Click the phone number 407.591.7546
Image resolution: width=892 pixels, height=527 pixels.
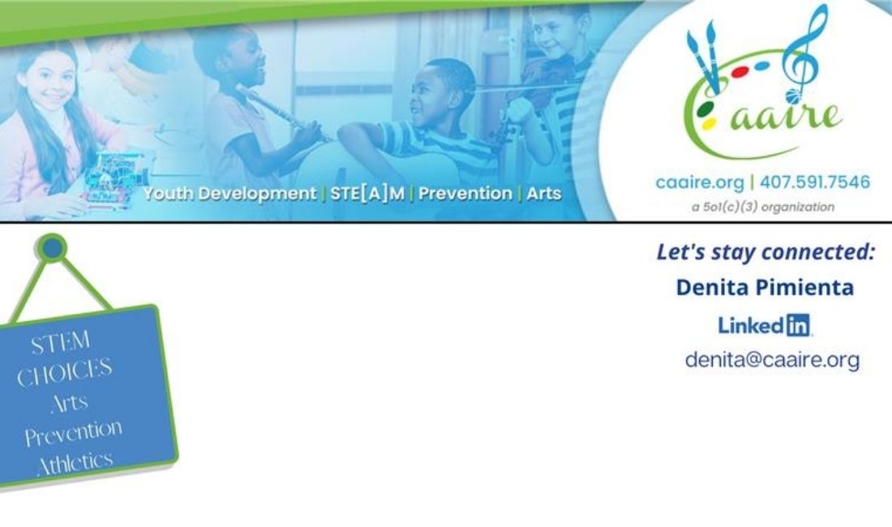(815, 182)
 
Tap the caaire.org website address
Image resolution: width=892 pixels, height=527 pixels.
(700, 183)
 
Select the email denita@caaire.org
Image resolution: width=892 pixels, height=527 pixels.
(772, 360)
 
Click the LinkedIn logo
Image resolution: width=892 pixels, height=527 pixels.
(765, 325)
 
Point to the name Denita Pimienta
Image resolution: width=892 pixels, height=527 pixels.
(765, 287)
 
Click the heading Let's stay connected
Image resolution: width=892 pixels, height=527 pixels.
(765, 252)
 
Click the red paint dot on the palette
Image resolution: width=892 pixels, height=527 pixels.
(740, 72)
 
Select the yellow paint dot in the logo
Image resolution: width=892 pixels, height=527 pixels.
(709, 123)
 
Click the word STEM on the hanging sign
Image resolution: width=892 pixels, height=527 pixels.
(60, 342)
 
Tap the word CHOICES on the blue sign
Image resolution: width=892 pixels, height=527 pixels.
(64, 372)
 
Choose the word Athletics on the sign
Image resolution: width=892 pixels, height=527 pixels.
(75, 463)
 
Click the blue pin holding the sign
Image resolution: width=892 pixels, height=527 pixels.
(52, 248)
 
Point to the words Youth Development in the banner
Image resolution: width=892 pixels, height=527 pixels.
(229, 194)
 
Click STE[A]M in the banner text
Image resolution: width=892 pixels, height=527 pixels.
(367, 193)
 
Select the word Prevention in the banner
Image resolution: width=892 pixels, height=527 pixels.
(465, 193)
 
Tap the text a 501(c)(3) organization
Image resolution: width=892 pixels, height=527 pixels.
(763, 207)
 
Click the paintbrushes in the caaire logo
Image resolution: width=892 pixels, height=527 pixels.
(704, 57)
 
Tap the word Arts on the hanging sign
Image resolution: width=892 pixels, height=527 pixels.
(70, 403)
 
